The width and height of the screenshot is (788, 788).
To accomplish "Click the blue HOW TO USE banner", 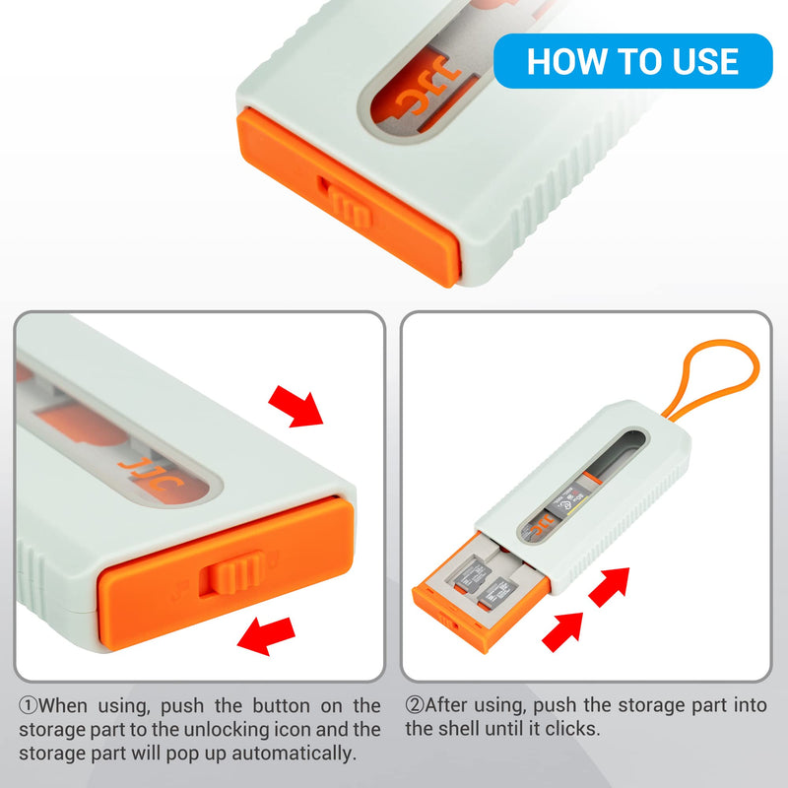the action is pos(632,61).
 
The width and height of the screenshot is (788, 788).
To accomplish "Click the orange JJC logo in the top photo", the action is pos(427,87).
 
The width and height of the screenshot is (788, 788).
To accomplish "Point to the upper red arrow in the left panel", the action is pos(296,407).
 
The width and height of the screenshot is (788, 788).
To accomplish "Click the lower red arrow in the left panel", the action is pos(265,635).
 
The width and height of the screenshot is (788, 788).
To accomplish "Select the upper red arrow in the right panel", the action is pos(610,586).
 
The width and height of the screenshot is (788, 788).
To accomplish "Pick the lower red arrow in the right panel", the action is pos(562,631).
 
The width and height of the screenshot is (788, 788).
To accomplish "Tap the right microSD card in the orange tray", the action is pos(497,593).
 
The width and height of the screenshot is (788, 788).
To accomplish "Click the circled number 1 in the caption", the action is pos(29,705).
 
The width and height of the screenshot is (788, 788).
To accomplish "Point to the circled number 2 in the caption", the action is pos(415,705).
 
